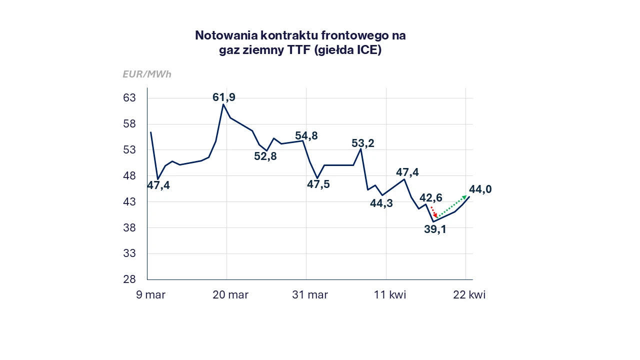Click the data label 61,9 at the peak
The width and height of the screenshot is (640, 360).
(x=224, y=97)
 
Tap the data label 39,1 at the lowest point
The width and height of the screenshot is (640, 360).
(x=435, y=230)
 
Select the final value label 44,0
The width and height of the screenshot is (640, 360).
(x=480, y=189)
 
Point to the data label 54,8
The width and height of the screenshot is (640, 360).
(x=306, y=136)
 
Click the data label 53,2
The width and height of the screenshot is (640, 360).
(x=363, y=143)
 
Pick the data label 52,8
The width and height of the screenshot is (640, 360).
(x=265, y=156)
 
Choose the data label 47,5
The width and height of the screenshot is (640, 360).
(x=318, y=184)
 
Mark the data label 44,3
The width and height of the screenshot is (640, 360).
(x=381, y=203)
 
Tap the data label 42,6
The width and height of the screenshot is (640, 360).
(x=431, y=197)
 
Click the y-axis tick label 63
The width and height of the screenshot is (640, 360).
(x=129, y=98)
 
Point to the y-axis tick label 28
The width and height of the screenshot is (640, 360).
(x=129, y=279)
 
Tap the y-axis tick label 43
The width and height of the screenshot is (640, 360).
(x=129, y=202)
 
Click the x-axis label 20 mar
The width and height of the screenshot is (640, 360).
(x=230, y=295)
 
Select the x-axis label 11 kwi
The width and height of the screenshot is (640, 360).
(x=390, y=295)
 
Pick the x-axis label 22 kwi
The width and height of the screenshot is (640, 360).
(x=469, y=295)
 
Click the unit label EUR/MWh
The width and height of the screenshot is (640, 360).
(x=147, y=74)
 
